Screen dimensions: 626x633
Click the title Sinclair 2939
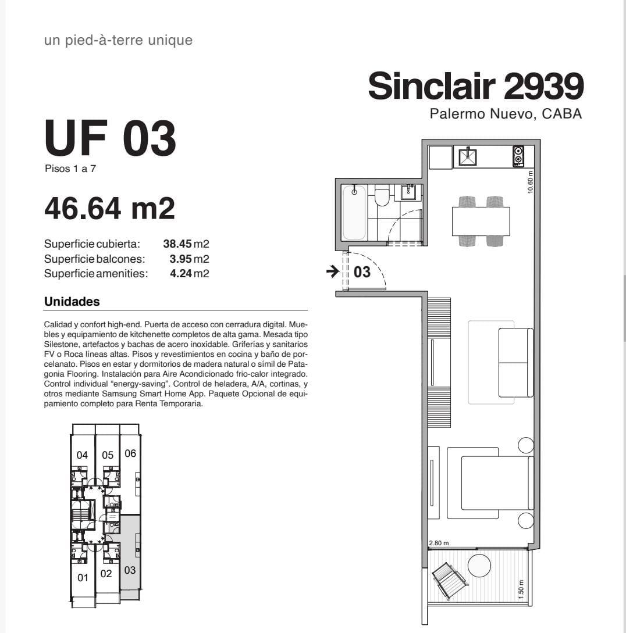pos(476,86)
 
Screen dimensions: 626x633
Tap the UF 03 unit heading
pos(110,138)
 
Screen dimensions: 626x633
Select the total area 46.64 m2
pos(109,208)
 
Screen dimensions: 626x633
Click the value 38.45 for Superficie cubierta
pos(177,244)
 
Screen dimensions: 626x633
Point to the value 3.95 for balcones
pos(180,259)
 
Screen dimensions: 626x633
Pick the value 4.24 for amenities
pos(181,273)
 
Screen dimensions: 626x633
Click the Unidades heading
pos(72,302)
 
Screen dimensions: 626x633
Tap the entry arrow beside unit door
pos(333,271)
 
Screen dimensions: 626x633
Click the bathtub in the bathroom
pos(354,212)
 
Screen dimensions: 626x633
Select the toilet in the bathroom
pos(382,195)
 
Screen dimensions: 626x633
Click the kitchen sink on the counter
pos(468,156)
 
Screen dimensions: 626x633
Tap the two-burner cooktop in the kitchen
pos(518,156)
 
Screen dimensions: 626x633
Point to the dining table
pos(481,221)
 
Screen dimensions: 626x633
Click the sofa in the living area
pos(515,363)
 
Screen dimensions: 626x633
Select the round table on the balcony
pos(479,566)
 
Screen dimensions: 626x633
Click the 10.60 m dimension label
pos(530,182)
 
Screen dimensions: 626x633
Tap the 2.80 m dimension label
pos(439,543)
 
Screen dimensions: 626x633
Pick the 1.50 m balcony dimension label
pos(521,589)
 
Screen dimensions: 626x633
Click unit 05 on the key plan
pos(108,455)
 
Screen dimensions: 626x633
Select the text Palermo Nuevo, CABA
pos(506,114)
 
